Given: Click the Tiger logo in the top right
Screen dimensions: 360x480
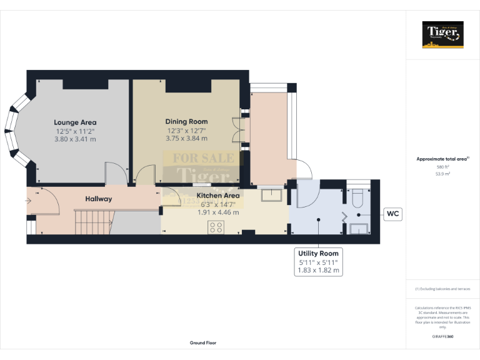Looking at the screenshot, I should pos(442,34).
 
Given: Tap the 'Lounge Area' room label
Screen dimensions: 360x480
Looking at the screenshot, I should pos(75,122).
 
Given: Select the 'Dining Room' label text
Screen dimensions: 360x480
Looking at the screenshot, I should pos(186,121).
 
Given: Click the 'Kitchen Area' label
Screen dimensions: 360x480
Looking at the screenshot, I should pos(218,195).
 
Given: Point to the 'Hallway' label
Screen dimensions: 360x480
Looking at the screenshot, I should pos(99,199).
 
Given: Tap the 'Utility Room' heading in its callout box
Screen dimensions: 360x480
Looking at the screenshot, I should pos(318,253).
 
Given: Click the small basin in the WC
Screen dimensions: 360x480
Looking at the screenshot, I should pos(359,228).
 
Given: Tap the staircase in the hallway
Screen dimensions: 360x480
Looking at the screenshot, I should pos(93,222).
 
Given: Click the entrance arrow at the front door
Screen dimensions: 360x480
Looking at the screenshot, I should pos(29,201).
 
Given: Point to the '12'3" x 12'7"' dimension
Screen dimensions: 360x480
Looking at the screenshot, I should pos(186,130).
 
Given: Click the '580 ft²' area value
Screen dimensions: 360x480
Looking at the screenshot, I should pos(442,167).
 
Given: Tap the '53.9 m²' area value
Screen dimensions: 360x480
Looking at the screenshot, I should pos(442,174).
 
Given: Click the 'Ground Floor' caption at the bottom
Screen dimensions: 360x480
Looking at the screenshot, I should pos(202,342).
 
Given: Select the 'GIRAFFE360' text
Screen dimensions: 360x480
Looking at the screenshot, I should pos(442,337).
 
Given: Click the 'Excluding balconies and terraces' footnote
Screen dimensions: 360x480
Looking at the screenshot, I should pos(442,289).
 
